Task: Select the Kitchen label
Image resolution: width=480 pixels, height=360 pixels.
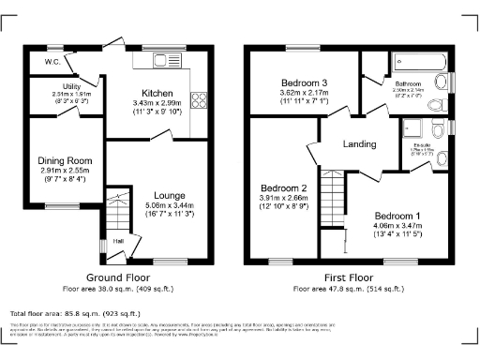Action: coord(157,92)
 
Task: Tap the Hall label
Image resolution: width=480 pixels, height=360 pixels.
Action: coord(119,241)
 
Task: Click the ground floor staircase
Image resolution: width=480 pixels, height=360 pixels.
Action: coord(116,213)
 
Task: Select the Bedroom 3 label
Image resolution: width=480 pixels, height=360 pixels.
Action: coord(302,82)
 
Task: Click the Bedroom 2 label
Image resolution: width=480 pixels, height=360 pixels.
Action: coord(284,186)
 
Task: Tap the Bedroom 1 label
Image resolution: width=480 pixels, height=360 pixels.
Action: coord(398,215)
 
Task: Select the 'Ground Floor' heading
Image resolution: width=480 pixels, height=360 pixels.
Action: coord(113,278)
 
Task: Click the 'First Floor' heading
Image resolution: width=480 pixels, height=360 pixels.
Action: coord(349,278)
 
